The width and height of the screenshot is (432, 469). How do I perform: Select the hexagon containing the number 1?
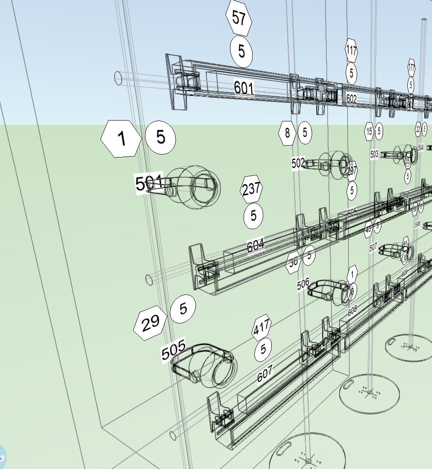tap(121, 139)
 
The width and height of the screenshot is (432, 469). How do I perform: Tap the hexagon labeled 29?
tap(150, 323)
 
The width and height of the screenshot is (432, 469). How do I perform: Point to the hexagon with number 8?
tap(287, 133)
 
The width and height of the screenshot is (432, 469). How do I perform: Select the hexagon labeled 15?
tap(369, 132)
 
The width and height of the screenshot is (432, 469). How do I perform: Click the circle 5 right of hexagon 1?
tap(160, 138)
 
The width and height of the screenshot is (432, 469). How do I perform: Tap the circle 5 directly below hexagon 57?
tap(241, 51)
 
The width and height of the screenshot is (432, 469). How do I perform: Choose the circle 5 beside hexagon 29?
tap(183, 309)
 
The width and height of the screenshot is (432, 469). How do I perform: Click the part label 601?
tap(244, 88)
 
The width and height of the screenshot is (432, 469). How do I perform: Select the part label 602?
tap(351, 99)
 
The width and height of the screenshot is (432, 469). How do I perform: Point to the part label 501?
tap(149, 184)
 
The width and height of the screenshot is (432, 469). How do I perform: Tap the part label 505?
tap(173, 350)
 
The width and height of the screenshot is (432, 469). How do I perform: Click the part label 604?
tap(256, 245)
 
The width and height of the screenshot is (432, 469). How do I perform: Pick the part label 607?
tap(264, 374)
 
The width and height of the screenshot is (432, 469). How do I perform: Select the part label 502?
tap(298, 163)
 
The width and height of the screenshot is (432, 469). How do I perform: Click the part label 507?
tap(373, 247)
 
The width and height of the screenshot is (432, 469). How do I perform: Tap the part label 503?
tap(374, 154)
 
